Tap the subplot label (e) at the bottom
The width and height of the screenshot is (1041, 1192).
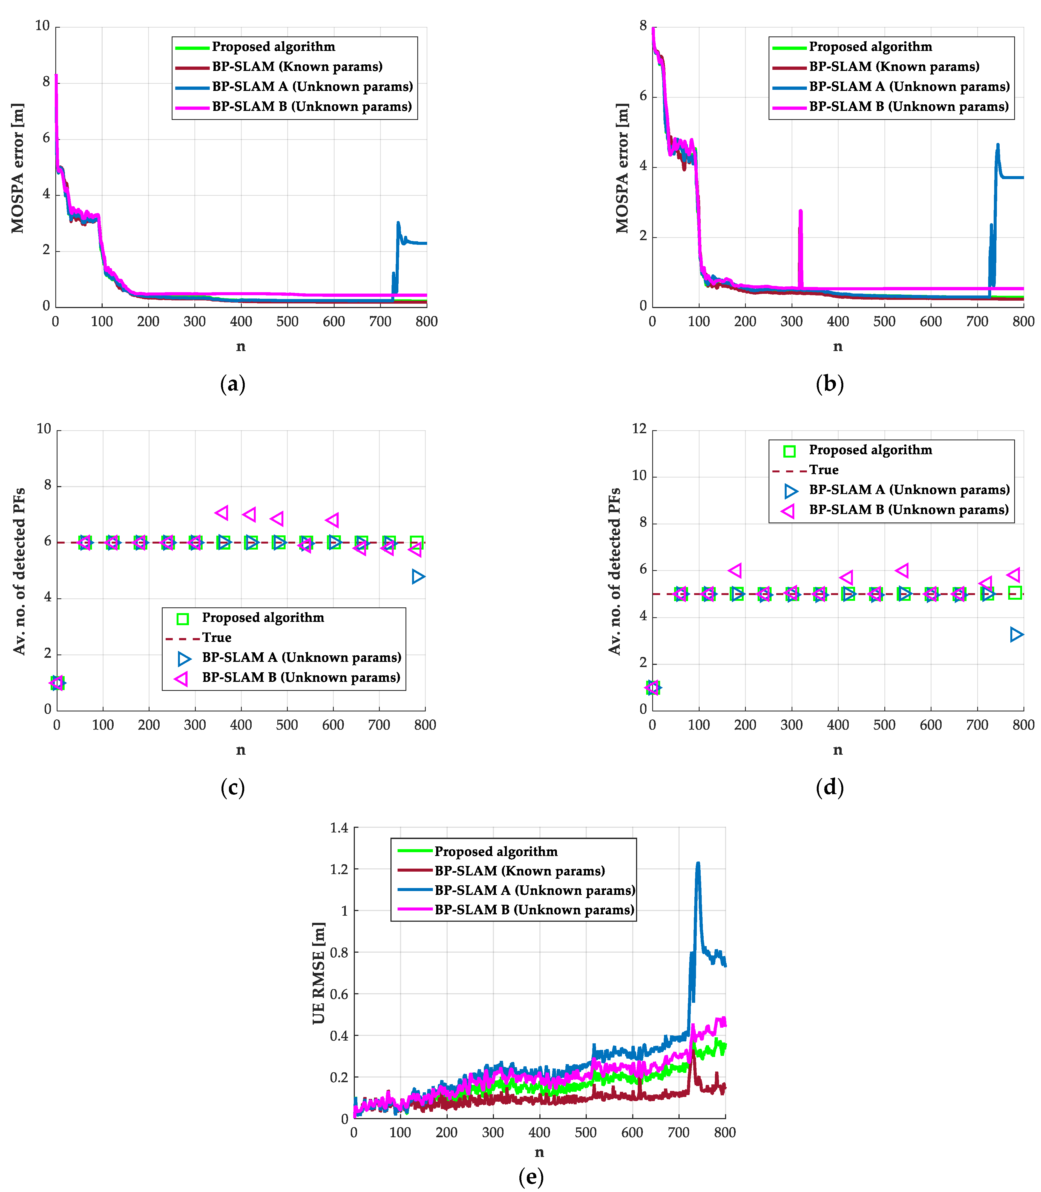531,1176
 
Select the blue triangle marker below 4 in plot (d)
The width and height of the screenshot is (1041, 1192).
1016,634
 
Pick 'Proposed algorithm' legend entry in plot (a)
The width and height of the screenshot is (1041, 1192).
273,47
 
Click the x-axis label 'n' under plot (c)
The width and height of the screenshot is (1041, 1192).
240,750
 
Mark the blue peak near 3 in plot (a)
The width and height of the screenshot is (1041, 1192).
398,222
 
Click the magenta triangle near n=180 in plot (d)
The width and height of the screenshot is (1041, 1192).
735,570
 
